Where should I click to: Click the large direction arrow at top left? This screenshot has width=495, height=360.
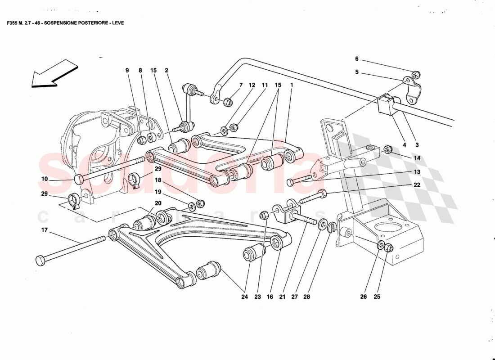point(53,73)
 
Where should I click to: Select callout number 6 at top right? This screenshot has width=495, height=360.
point(356,59)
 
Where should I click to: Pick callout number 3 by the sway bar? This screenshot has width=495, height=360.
point(417,145)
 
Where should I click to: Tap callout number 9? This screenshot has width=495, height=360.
point(127,71)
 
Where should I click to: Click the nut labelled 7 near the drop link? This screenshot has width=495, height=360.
point(228,101)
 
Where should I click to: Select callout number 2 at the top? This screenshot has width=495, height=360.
point(166,71)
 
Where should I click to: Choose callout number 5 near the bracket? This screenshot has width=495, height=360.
point(356,72)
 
